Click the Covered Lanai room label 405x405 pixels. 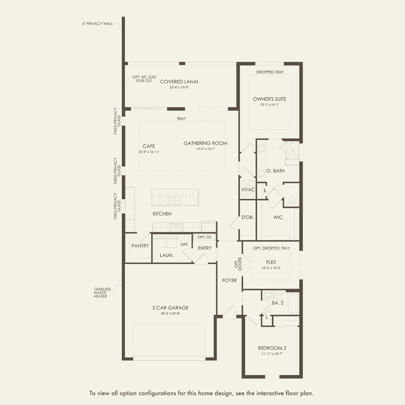tap(179, 82)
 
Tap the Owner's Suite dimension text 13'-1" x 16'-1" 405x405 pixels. tap(269, 105)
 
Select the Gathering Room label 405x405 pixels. tap(205, 143)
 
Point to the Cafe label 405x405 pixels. tap(149, 146)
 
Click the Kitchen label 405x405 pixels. tap(162, 214)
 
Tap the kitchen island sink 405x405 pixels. tap(174, 201)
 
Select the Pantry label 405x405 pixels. tap(140, 246)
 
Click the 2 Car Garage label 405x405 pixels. tap(170, 308)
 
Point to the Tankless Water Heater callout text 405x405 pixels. tap(102, 293)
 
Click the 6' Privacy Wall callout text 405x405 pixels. tap(98, 24)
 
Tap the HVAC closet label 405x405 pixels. tap(248, 190)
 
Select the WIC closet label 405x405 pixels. tap(278, 217)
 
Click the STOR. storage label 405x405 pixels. tap(248, 217)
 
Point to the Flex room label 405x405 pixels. tap(271, 262)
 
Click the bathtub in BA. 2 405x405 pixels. tap(293, 303)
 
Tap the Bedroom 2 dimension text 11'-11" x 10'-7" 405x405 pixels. tap(272, 354)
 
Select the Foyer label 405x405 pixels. tap(229, 280)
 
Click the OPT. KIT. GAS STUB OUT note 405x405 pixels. tap(144, 79)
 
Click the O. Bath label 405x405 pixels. tap(275, 171)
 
